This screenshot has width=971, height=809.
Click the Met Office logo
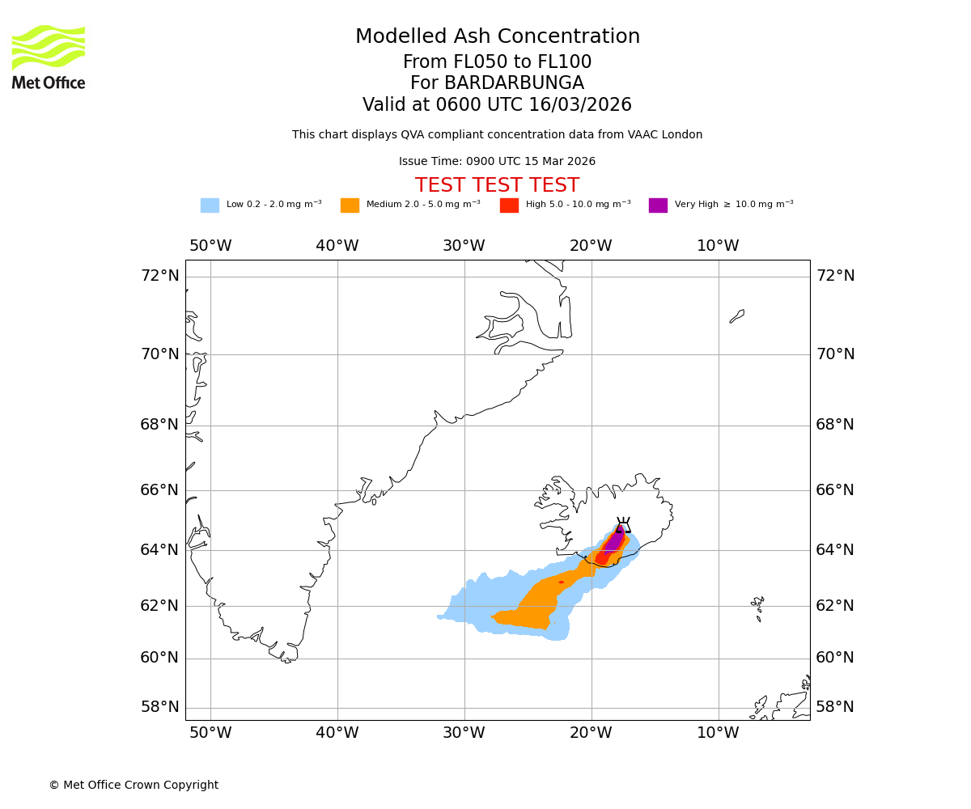pyautogui.click(x=49, y=57)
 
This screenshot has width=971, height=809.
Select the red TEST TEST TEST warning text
pyautogui.click(x=497, y=185)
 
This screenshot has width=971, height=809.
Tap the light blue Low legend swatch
pyautogui.click(x=210, y=205)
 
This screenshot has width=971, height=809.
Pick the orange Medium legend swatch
pyautogui.click(x=350, y=205)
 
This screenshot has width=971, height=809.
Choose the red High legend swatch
pyautogui.click(x=509, y=205)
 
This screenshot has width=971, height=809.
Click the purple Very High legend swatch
pyautogui.click(x=658, y=205)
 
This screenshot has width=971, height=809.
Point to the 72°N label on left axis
pyautogui.click(x=159, y=276)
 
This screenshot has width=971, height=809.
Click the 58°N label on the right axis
pyautogui.click(x=834, y=707)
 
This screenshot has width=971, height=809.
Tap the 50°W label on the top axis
pyautogui.click(x=210, y=246)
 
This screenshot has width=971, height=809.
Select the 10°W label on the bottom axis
pyautogui.click(x=718, y=733)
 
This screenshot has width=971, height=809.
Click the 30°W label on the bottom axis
pyautogui.click(x=464, y=733)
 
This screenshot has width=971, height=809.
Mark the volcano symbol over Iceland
pyautogui.click(x=623, y=526)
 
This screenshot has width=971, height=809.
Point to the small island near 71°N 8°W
pyautogui.click(x=736, y=316)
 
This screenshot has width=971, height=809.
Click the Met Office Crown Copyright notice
pyautogui.click(x=134, y=785)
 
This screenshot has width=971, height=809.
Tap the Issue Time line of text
pyautogui.click(x=497, y=161)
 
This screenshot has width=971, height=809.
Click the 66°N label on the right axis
pyautogui.click(x=834, y=490)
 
